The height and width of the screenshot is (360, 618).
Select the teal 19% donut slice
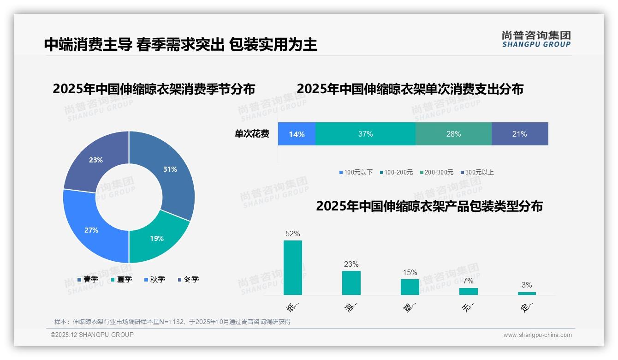pos(156,238)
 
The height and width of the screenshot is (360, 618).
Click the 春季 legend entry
pos(88,279)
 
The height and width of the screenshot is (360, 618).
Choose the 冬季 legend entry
pos(189,279)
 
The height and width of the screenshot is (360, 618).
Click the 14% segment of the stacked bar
pos(297,134)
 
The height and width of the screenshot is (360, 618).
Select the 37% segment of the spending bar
pos(365,134)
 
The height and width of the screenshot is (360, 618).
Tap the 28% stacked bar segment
pos(453,134)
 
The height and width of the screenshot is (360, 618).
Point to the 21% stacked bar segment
pos(519,134)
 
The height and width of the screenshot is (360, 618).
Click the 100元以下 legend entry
pos(356,172)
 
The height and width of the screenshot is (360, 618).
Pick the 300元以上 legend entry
pos(477,172)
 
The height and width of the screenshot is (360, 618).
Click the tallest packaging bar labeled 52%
pos(293,268)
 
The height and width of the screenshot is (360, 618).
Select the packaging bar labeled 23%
pos(351,282)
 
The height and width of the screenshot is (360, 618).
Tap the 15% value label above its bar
pos(410,273)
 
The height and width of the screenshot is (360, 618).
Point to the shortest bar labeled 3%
pos(527,293)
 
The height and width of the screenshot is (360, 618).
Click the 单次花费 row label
pos(252,134)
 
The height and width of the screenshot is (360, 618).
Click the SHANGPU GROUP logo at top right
pos(536,39)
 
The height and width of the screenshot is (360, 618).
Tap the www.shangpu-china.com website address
pos(537,335)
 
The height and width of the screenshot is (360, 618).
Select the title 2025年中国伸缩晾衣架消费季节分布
pos(154,89)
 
